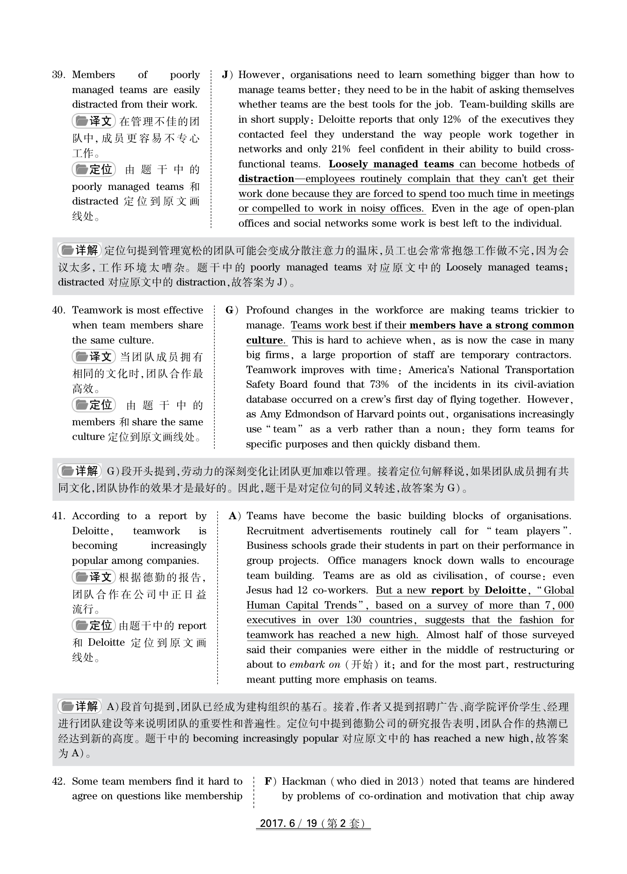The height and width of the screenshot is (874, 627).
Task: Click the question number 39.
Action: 59,75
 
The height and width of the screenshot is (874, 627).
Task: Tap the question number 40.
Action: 59,311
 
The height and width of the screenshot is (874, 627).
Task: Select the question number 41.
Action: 59,516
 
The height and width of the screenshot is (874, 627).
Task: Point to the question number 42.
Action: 59,781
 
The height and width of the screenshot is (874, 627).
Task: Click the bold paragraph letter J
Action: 226,75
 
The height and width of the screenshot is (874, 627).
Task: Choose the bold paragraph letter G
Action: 230,311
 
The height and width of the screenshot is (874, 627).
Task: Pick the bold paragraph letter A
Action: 233,516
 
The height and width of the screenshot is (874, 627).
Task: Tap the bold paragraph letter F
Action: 268,781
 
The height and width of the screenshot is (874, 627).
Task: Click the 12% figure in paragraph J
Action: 451,120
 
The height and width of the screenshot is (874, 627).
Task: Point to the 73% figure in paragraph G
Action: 379,385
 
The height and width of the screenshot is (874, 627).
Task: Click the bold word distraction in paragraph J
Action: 266,179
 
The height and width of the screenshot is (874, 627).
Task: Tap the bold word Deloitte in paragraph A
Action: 505,591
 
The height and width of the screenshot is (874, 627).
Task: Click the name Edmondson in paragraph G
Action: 311,414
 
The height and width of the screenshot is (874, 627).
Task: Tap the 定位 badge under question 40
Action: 94,405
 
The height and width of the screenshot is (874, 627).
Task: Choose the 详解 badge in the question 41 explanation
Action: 80,707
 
